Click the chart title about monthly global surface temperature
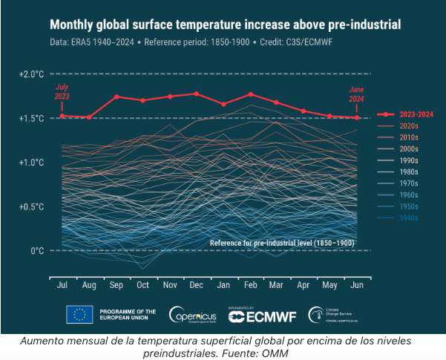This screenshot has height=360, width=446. click(225, 25)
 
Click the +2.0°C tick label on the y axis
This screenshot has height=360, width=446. click(32, 74)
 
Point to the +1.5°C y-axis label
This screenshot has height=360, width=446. click(32, 118)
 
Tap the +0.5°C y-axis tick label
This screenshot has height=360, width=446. click(32, 206)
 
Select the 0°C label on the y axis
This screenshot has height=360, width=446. click(37, 251)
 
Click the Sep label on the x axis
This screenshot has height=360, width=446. click(117, 285)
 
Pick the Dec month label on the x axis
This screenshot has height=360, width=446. click(196, 285)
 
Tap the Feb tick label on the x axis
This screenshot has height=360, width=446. click(250, 285)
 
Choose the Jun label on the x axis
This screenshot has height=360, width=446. click(357, 285)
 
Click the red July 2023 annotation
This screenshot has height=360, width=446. click(62, 92)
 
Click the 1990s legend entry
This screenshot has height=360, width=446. click(409, 160)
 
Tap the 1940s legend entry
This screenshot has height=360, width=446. click(409, 217)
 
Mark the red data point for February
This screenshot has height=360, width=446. click(251, 94)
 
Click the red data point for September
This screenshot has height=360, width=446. click(117, 96)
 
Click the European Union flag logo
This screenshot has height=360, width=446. click(79, 315)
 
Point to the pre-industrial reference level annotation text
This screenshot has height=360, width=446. click(281, 243)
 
